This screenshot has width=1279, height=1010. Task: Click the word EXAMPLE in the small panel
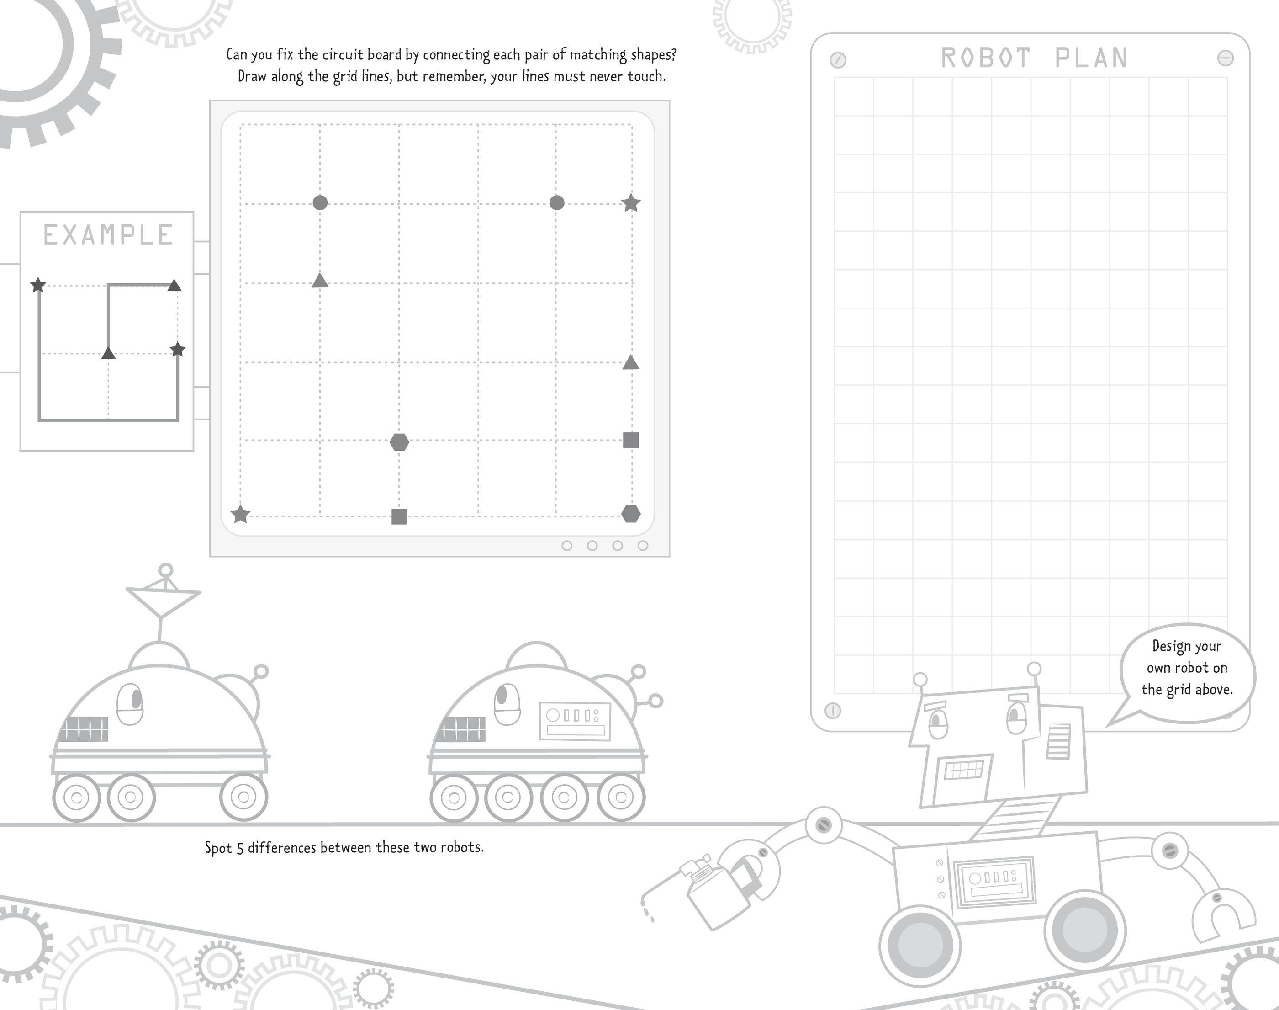(x=108, y=235)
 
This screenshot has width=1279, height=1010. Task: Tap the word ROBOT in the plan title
(x=985, y=58)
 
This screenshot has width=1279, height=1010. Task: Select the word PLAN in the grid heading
(x=1092, y=58)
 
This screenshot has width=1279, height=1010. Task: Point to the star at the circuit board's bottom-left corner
(x=240, y=515)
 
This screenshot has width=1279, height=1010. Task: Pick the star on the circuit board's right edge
(x=631, y=203)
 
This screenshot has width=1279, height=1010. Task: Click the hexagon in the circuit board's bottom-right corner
(x=631, y=514)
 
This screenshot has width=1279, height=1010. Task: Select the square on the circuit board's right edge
(x=631, y=440)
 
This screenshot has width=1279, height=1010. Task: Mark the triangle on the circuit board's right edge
(x=631, y=362)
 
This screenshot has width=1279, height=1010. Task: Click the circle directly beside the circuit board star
(x=557, y=203)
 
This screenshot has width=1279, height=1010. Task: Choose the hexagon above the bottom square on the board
(x=400, y=442)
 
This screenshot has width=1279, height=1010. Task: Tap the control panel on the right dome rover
(x=575, y=721)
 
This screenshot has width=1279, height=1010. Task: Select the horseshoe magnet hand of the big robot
(x=1223, y=917)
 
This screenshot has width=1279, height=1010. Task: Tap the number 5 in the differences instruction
(x=240, y=848)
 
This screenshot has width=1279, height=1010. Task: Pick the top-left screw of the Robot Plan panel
(x=838, y=60)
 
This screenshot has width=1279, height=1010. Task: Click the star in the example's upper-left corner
(x=38, y=285)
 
